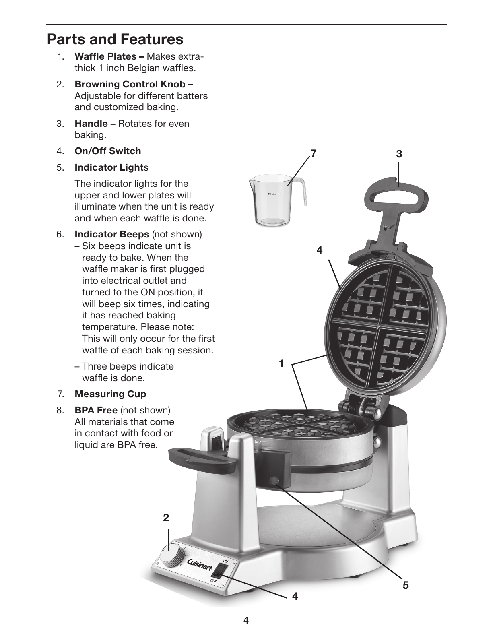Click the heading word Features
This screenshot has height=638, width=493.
click(x=152, y=39)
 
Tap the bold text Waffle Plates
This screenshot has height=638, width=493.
click(x=105, y=56)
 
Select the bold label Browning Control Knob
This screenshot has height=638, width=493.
click(x=130, y=84)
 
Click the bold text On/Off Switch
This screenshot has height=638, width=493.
click(x=108, y=151)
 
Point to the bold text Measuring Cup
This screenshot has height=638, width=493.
click(x=110, y=394)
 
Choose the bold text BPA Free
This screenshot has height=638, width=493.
click(x=96, y=410)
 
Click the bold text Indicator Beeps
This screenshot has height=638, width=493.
click(x=112, y=234)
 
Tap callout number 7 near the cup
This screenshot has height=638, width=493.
click(x=314, y=153)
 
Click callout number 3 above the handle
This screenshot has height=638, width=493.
click(x=399, y=154)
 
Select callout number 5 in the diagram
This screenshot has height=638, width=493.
click(x=406, y=585)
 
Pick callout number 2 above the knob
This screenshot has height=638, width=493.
click(x=166, y=518)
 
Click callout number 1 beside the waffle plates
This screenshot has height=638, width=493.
click(x=281, y=363)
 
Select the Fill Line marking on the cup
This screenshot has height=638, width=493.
click(x=272, y=194)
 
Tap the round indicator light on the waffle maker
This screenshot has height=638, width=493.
click(x=274, y=481)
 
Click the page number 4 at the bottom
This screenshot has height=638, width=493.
click(x=246, y=620)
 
